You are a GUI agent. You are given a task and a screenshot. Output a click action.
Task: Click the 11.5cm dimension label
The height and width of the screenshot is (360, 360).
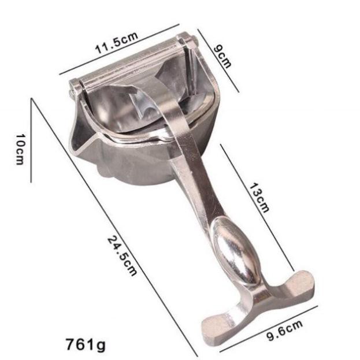pyautogui.click(x=116, y=43)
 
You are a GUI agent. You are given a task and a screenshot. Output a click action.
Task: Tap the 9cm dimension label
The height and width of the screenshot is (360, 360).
pyautogui.click(x=221, y=57)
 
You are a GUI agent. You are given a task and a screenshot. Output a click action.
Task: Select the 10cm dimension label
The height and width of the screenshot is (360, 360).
pyautogui.click(x=20, y=149)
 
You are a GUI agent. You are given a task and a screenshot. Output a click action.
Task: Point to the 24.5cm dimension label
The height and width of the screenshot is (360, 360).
pyautogui.click(x=122, y=256)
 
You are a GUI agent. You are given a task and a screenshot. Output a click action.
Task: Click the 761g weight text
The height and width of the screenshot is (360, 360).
pyautogui.click(x=86, y=344)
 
